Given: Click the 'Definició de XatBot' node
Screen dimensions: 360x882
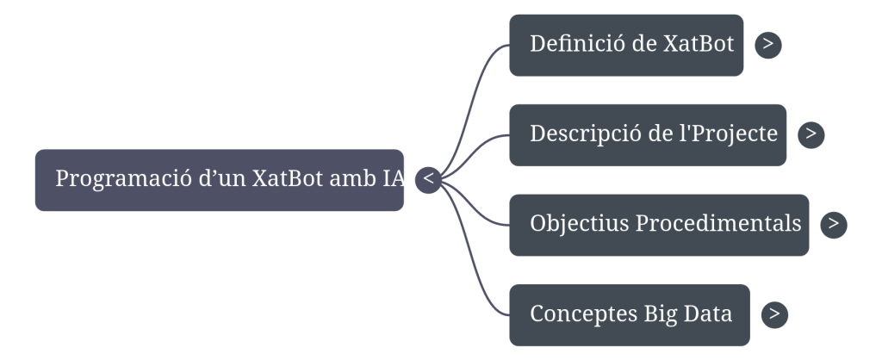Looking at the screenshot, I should click(626, 45).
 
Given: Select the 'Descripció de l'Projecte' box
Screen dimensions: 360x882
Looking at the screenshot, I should click(648, 135).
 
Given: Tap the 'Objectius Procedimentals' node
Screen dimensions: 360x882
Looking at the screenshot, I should click(659, 225).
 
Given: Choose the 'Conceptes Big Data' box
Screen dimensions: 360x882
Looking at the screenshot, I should click(630, 314).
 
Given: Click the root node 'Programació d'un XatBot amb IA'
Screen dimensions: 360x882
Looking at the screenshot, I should click(220, 180).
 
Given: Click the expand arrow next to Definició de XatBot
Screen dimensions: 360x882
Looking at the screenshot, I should click(767, 45).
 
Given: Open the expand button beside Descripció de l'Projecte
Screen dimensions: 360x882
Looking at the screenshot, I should click(811, 135).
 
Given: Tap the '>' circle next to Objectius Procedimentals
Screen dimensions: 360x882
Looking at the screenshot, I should click(833, 225).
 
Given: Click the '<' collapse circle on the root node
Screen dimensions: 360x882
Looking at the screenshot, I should click(428, 180).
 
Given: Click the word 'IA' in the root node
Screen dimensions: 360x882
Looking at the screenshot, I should click(394, 180).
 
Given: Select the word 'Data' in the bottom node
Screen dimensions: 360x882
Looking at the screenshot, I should click(707, 314).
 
